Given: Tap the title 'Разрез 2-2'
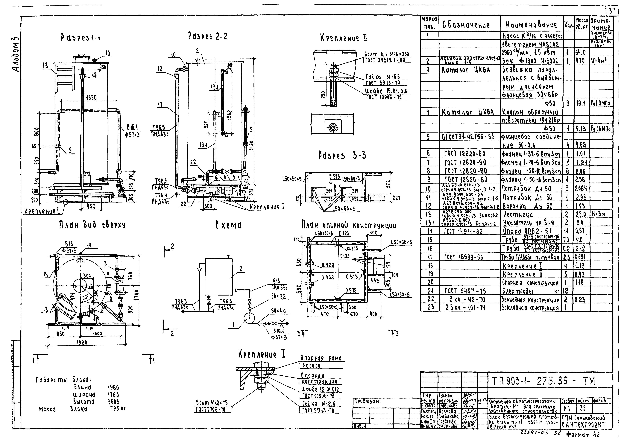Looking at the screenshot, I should pos(208,36).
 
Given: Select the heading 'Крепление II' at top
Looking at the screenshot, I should pos(344,38).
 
